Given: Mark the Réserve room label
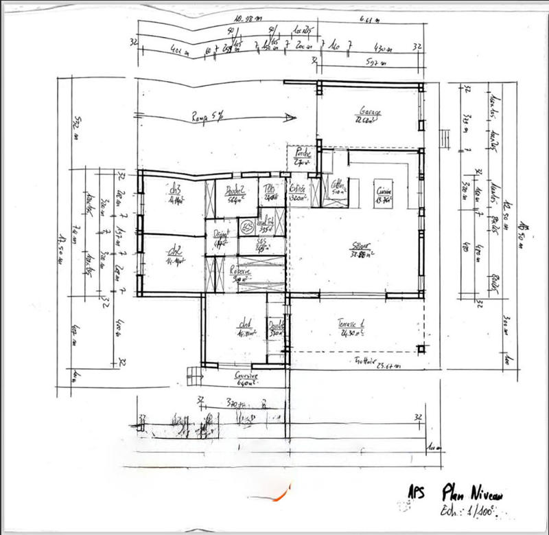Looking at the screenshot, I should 240,271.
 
